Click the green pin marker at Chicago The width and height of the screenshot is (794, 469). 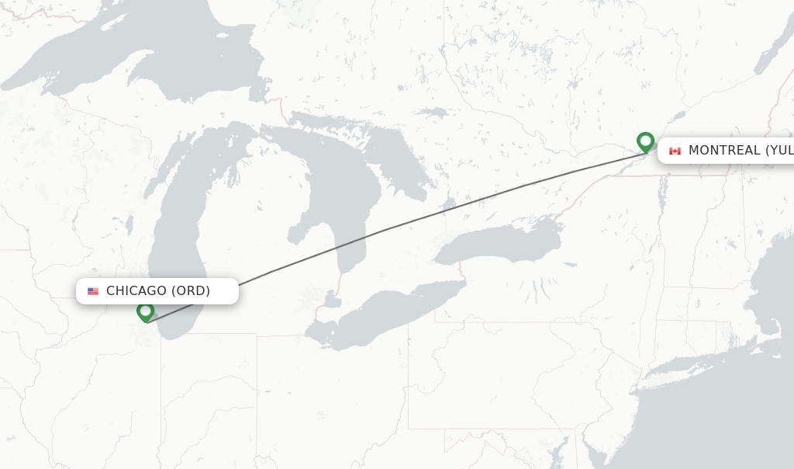pyautogui.click(x=145, y=311)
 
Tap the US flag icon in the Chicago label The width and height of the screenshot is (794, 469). pyautogui.click(x=93, y=291)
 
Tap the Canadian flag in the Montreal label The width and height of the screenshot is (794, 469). pyautogui.click(x=675, y=151)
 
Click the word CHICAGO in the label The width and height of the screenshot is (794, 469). pyautogui.click(x=136, y=291)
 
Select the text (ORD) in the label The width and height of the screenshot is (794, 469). pyautogui.click(x=191, y=291)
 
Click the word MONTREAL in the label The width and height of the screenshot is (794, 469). pyautogui.click(x=724, y=151)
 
